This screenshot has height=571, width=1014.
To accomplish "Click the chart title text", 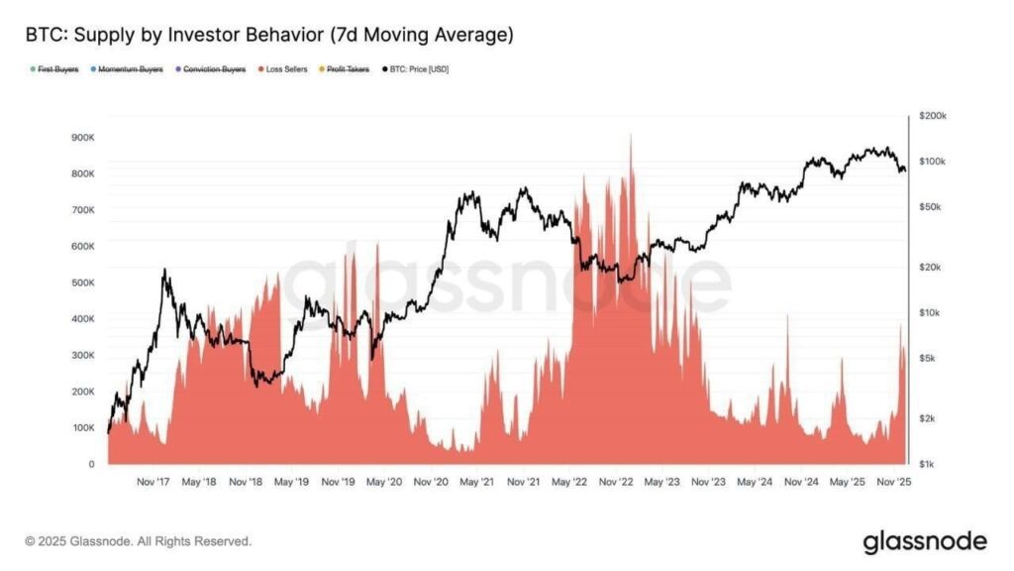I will (x=269, y=36).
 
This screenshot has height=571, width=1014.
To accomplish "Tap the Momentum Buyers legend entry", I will (x=128, y=69).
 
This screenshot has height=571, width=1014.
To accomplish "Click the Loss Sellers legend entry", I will (x=283, y=69).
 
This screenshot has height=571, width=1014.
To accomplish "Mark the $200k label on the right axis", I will (x=934, y=116).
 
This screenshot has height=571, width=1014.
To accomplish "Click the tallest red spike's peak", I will (x=631, y=136).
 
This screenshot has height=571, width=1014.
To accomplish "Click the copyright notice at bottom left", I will (x=138, y=541).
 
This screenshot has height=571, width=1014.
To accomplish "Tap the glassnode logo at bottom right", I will (x=925, y=541).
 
